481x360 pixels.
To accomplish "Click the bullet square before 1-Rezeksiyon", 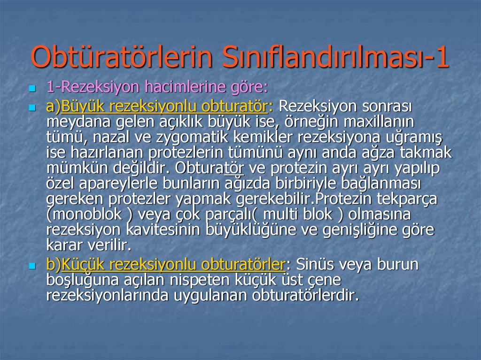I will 32,88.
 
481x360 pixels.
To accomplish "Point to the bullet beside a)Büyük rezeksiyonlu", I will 32,107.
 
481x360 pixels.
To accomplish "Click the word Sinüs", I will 317,265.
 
